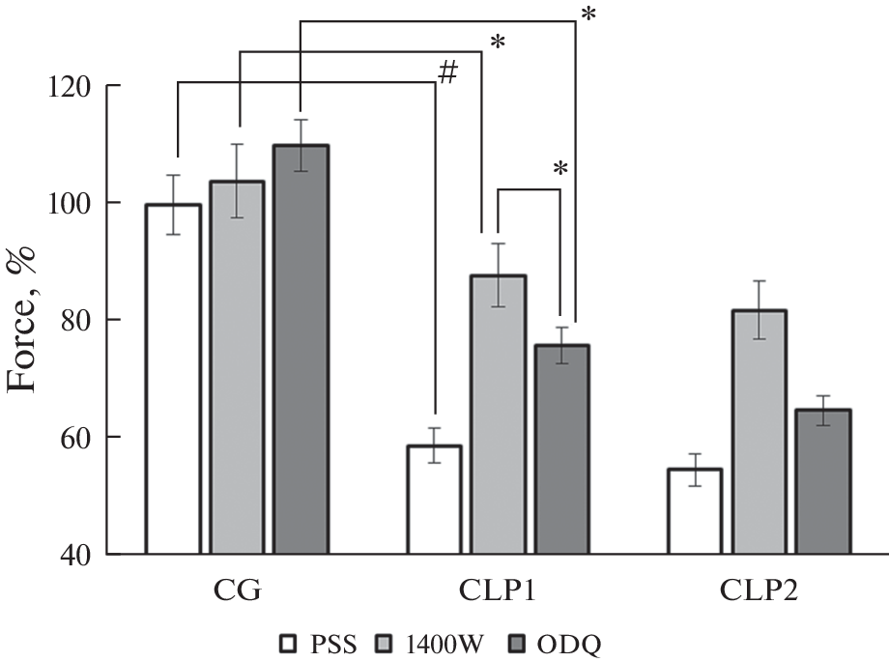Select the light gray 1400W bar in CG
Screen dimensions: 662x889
coord(237,367)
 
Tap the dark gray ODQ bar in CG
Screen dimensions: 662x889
coord(301,349)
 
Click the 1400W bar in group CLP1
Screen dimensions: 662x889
coord(498,415)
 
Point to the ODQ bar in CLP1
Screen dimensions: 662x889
coord(561,449)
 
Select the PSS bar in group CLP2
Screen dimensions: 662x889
coord(695,511)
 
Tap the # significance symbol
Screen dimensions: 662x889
coord(446,74)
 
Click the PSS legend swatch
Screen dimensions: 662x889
coord(288,642)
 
